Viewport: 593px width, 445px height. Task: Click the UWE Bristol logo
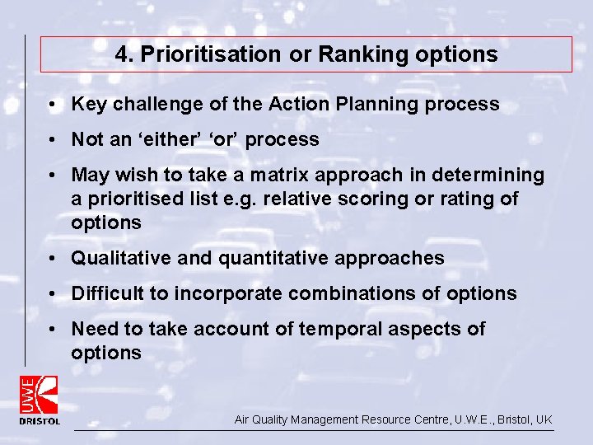point(40,400)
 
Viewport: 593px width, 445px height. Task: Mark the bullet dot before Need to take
point(52,330)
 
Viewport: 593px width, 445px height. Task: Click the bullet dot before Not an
point(52,140)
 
